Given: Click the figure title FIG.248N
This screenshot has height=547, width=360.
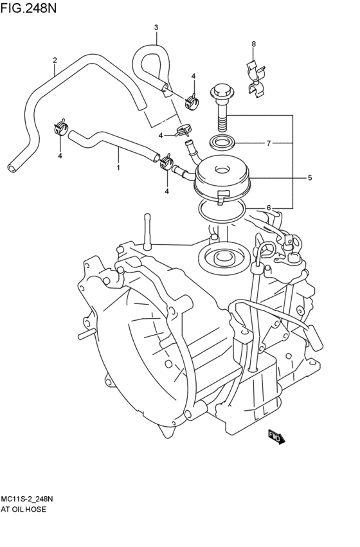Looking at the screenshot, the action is (28, 8).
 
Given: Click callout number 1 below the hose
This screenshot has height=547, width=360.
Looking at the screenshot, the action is (118, 168).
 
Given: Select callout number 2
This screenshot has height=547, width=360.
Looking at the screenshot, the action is (55, 60).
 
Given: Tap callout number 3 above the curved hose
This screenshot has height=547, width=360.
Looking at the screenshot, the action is (156, 27).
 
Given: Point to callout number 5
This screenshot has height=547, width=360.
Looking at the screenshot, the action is (310, 177).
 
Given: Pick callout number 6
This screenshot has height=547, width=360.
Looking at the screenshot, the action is (269, 208).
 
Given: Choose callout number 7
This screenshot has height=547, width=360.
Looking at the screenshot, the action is (269, 143).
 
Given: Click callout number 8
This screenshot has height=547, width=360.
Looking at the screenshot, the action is (253, 44).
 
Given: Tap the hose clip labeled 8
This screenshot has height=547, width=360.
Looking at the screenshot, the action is (256, 79).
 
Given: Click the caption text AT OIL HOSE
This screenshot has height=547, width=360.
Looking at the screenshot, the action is (23, 509).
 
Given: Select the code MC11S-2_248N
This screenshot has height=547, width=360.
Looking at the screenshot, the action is (27, 499).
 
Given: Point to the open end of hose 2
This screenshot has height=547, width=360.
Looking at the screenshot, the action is (12, 168).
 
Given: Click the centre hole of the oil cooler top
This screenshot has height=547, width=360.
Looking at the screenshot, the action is (221, 170).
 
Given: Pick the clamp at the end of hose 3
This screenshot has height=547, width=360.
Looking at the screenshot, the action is (192, 100).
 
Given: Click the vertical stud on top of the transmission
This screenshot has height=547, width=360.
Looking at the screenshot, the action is (147, 232).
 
